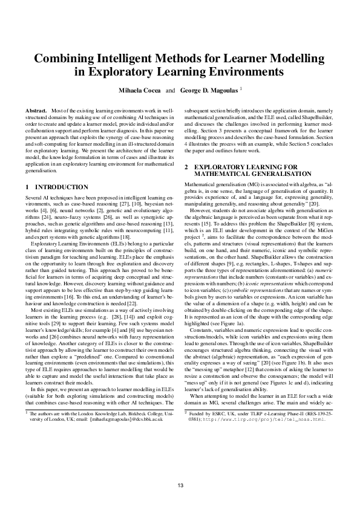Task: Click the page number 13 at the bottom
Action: [180, 487]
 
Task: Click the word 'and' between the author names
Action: [171, 90]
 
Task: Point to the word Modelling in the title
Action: [297, 59]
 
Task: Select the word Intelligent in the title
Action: [121, 59]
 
